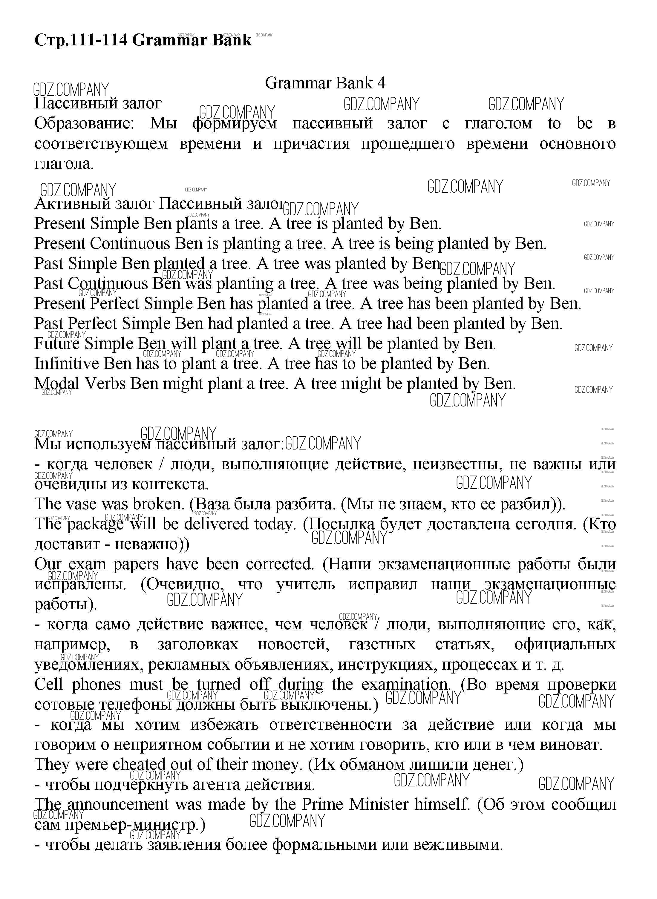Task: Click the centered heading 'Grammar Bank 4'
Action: (325, 83)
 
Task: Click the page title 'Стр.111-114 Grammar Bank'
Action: (143, 40)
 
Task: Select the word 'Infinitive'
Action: (66, 364)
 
